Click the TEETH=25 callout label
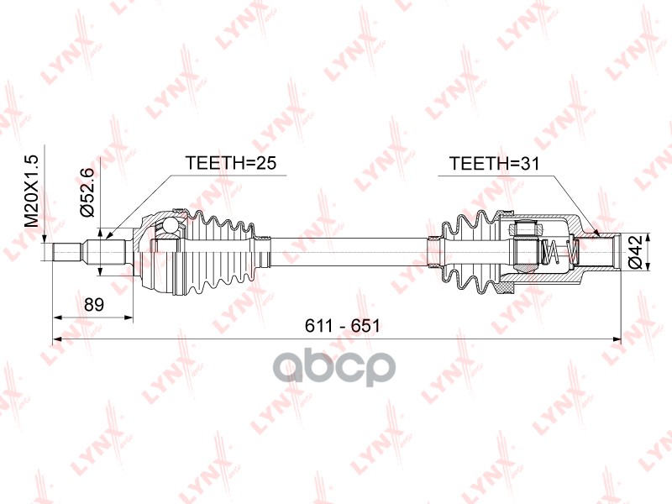coord(230,163)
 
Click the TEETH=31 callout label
coord(494,163)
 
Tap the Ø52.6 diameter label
coord(86,192)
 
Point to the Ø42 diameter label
coord(638,252)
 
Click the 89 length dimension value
coord(94,305)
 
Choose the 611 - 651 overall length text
coord(342,327)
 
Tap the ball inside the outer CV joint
coord(171,224)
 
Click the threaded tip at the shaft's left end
coord(66,253)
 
